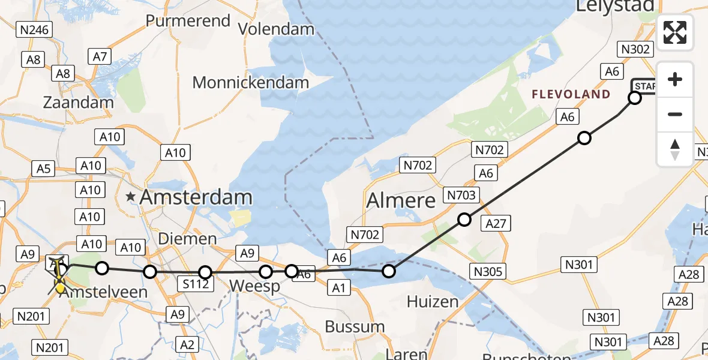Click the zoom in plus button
675,79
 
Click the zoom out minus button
675,114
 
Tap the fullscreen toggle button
675,32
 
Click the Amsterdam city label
196,197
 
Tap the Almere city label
401,200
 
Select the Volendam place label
276,29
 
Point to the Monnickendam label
251,82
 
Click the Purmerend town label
188,21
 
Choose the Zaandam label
78,102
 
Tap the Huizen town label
432,301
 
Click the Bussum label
355,327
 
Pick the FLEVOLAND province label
571,94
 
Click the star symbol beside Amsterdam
131,196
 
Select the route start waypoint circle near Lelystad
634,98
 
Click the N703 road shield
461,195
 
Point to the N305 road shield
487,271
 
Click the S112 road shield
196,284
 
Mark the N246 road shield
35,29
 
